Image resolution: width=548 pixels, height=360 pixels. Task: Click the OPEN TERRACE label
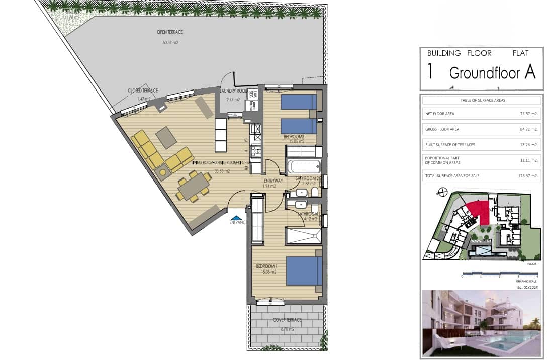point(170,32)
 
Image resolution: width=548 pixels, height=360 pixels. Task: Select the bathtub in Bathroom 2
point(303,165)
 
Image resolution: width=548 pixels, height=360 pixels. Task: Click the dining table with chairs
point(193,187)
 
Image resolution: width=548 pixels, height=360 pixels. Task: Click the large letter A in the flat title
point(529,72)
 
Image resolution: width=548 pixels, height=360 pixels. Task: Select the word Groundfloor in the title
point(484,73)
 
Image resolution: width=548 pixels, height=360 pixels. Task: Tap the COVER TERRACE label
point(287,320)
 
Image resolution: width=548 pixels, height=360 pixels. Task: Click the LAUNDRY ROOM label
point(234,91)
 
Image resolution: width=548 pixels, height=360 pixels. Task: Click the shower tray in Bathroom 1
point(303,235)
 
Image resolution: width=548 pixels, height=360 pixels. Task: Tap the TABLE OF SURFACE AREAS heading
point(481,100)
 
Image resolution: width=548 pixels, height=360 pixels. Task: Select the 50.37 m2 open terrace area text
point(170,43)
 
